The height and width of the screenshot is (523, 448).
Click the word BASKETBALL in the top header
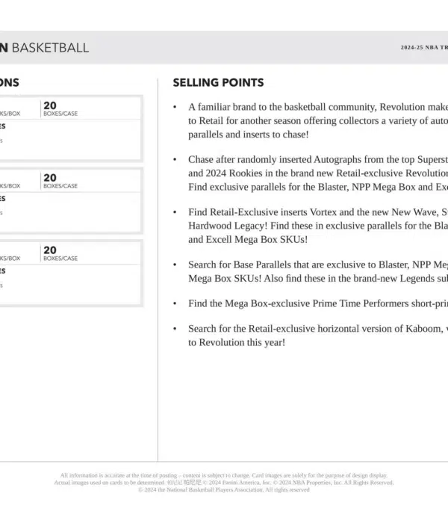(x=51, y=48)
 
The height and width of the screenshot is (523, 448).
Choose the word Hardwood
(x=209, y=226)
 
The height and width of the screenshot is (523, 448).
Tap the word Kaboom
(x=424, y=328)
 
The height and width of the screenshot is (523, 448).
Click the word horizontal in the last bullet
(x=337, y=328)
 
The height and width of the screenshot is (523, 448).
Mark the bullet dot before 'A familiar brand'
(x=175, y=108)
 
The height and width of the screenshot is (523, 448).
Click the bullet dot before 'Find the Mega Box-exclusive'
(x=175, y=304)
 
